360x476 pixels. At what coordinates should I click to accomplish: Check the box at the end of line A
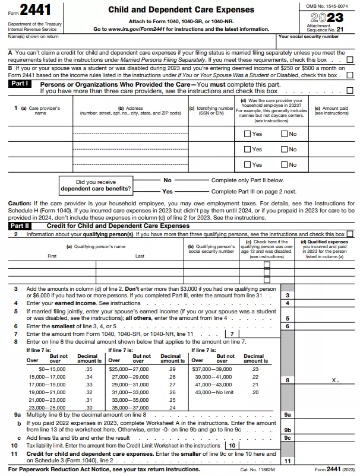coord(349,59)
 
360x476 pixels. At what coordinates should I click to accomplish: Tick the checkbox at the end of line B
coord(349,75)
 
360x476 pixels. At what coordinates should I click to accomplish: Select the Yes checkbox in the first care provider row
coord(248,134)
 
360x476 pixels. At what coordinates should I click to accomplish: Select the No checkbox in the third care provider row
coord(284,165)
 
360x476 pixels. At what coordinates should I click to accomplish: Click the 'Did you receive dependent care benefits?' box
coord(96,186)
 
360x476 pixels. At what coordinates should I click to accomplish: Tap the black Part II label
coord(21,226)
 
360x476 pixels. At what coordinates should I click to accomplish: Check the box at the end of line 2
coord(349,234)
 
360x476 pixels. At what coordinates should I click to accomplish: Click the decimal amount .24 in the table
coord(172,408)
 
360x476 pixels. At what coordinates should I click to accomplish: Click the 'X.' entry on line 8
coord(335,380)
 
